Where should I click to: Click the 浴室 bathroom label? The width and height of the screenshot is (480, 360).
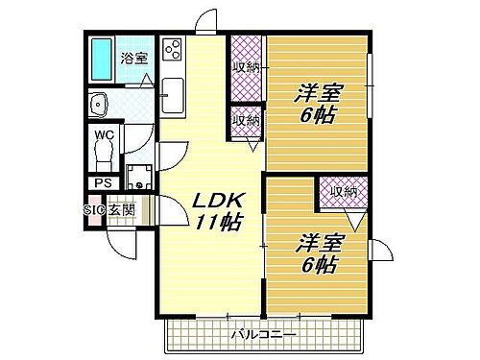click(133, 58)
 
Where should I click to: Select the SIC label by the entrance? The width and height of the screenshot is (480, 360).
click(94, 209)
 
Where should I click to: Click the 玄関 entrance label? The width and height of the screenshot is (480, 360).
click(121, 209)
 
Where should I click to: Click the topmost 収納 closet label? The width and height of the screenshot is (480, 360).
click(246, 67)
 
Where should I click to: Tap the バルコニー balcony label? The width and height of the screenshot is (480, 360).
click(264, 334)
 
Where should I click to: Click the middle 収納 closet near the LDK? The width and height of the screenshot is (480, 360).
click(246, 121)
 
